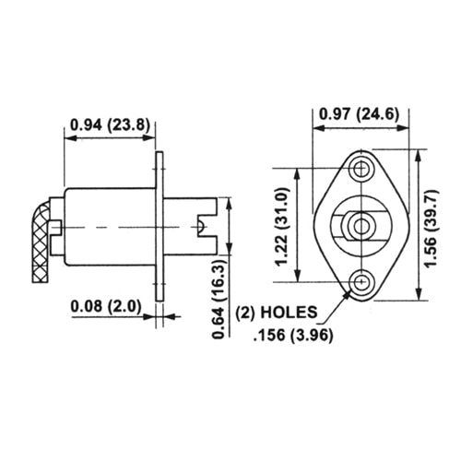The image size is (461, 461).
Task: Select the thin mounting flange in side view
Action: coord(160,226)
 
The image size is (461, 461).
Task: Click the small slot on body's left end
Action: coord(59,226)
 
